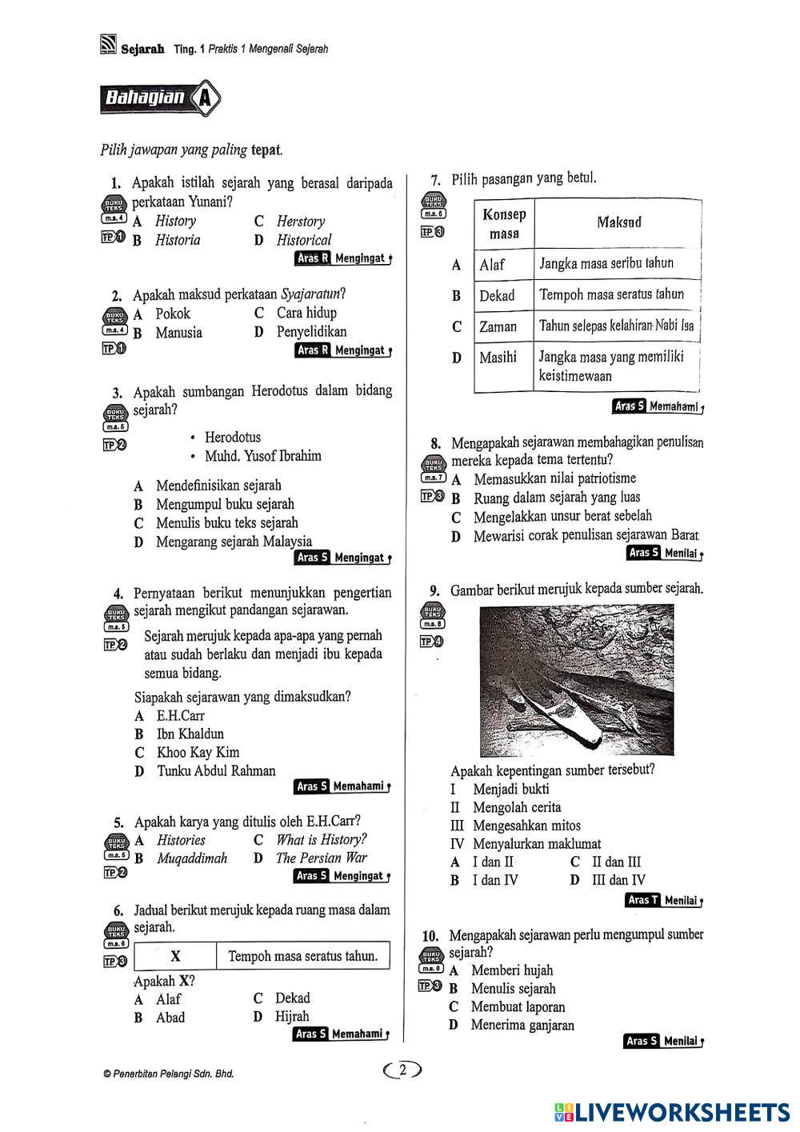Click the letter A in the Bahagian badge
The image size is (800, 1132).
206,99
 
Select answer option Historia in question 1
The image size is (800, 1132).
178,240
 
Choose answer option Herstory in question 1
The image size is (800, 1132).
300,222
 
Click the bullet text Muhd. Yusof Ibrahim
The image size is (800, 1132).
262,456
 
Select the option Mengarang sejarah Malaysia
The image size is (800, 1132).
234,542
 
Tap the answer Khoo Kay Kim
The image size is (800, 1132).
198,752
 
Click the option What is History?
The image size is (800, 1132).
321,840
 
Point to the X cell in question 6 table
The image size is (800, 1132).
175,956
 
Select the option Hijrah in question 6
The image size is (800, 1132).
292,1017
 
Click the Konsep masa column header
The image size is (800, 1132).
504,224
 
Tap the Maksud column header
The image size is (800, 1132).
618,222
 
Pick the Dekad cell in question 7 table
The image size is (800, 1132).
497,295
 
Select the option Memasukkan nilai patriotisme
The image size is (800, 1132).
554,479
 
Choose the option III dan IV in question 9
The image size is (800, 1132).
618,881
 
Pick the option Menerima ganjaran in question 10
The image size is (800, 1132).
522,1026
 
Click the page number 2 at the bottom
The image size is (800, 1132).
403,1070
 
